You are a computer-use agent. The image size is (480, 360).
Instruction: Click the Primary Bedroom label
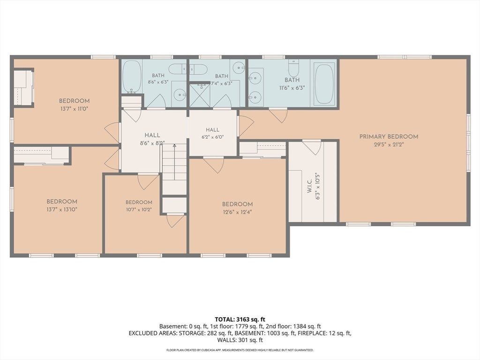click(x=389, y=136)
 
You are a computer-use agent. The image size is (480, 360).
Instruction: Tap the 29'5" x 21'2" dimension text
click(x=389, y=145)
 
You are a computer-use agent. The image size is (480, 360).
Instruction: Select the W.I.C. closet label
click(x=309, y=186)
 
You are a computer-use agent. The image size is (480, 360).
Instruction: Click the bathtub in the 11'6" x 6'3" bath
click(x=324, y=83)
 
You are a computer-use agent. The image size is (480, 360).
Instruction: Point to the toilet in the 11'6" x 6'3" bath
click(x=293, y=67)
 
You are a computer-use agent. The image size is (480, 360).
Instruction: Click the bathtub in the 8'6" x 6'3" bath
click(x=132, y=76)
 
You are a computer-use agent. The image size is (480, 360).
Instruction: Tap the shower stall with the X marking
click(x=200, y=95)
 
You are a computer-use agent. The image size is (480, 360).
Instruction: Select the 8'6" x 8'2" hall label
click(x=152, y=139)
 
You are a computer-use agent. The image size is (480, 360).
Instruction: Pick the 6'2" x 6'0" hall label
click(x=213, y=134)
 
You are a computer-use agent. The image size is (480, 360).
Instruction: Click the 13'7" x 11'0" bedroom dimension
click(x=74, y=109)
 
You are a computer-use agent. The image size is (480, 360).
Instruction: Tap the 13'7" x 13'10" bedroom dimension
click(x=62, y=210)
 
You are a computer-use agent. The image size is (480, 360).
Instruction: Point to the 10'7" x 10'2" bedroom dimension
click(x=139, y=210)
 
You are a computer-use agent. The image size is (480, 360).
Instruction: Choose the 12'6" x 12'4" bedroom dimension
click(x=237, y=212)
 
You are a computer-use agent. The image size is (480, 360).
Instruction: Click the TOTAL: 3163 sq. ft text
click(x=240, y=320)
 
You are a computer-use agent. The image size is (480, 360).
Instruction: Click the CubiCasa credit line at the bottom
click(x=240, y=350)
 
